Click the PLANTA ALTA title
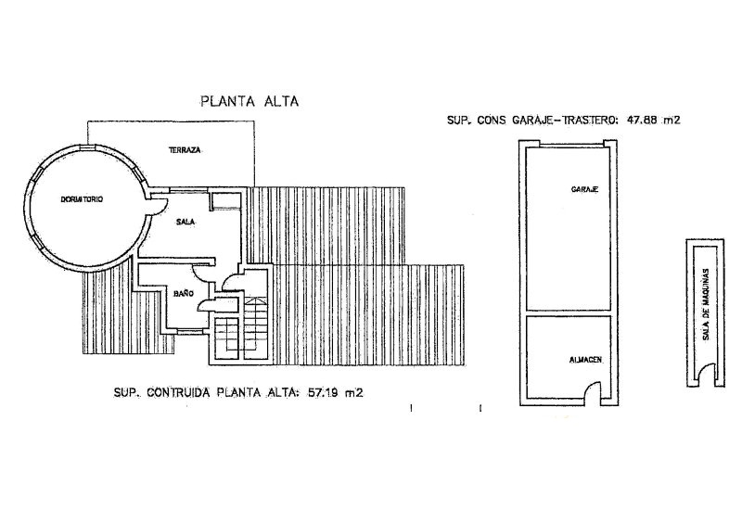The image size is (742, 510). point(249,101)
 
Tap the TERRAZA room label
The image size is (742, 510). point(185,150)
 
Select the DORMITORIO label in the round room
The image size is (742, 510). point(82,199)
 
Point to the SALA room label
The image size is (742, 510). point(185,222)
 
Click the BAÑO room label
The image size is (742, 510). point(184,293)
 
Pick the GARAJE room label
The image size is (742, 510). point(585,189)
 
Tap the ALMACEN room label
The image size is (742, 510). point(586,360)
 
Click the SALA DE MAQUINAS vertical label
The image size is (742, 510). point(706,305)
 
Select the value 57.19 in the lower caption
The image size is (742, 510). point(324,392)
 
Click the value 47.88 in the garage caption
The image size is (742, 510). point(642,121)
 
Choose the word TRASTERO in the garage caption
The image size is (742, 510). point(588,121)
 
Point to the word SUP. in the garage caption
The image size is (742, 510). point(459,121)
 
